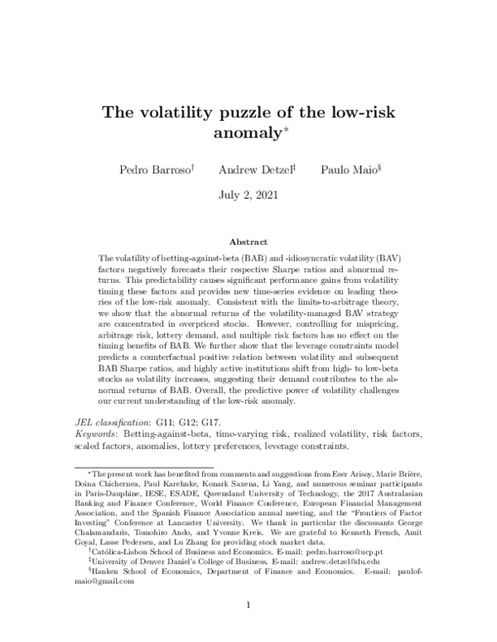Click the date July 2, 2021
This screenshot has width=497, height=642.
pyautogui.click(x=248, y=196)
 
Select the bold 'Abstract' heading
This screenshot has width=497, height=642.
pyautogui.click(x=248, y=242)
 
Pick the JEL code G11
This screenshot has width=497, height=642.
pyautogui.click(x=168, y=421)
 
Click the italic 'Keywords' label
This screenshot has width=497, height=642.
pyautogui.click(x=96, y=433)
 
